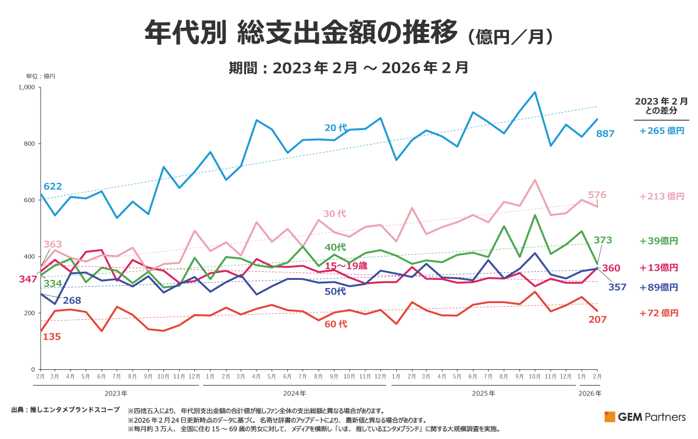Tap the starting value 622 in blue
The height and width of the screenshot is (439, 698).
[x=52, y=186]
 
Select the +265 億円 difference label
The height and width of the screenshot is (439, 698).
[x=662, y=131]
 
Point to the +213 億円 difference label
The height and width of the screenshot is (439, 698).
[x=662, y=196]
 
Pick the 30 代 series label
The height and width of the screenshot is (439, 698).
[x=334, y=214]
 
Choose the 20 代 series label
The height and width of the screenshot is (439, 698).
[x=336, y=127]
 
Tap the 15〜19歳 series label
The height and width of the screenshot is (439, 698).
[x=346, y=265]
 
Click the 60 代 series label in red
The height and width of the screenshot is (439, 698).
[x=336, y=324]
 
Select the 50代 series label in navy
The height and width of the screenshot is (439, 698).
[x=335, y=292]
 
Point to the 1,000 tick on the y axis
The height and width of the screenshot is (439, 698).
[x=27, y=87]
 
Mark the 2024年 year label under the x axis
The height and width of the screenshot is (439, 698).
[x=295, y=393]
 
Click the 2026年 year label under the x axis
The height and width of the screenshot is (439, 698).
[x=590, y=393]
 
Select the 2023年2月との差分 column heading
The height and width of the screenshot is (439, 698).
[x=661, y=106]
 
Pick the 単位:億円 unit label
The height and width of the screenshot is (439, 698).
[x=40, y=76]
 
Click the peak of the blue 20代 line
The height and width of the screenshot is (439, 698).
[x=535, y=92]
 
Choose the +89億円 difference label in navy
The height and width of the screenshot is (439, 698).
[x=658, y=287]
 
